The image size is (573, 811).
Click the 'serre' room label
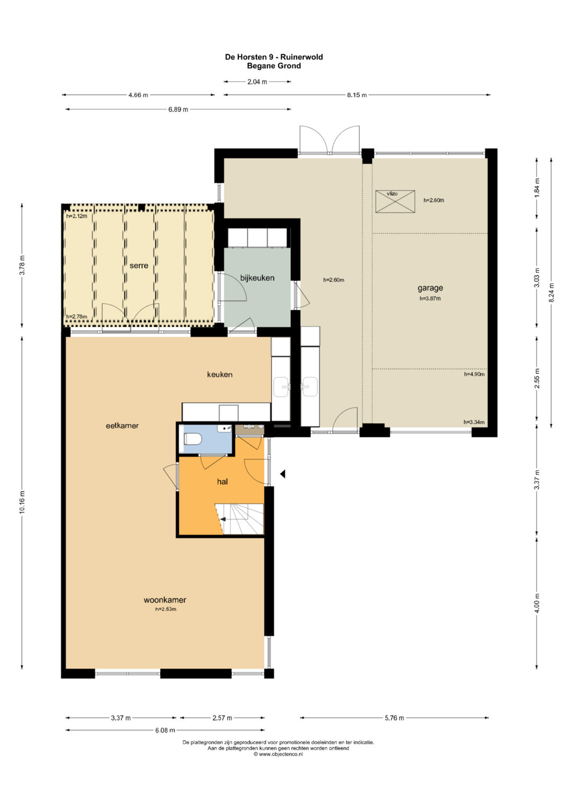point(139,266)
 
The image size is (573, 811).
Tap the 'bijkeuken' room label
point(257,278)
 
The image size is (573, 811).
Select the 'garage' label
point(430,288)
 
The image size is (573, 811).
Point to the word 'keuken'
point(220,374)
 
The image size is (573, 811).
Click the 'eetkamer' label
point(122,426)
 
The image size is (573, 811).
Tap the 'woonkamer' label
point(165,600)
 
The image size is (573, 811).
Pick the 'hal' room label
point(222,482)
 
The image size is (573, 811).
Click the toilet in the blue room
point(193,439)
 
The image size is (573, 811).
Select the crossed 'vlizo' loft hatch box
point(395,202)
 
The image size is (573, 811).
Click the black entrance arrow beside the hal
point(282,474)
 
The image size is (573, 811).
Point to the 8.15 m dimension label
point(357,95)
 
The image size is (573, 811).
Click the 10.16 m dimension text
point(22,502)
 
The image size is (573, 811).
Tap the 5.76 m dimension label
point(394,718)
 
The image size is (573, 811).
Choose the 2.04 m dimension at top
point(257,82)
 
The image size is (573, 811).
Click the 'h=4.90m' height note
point(474,374)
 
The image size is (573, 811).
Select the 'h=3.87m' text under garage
point(430,298)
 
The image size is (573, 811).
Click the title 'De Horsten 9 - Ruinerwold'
point(274,57)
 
